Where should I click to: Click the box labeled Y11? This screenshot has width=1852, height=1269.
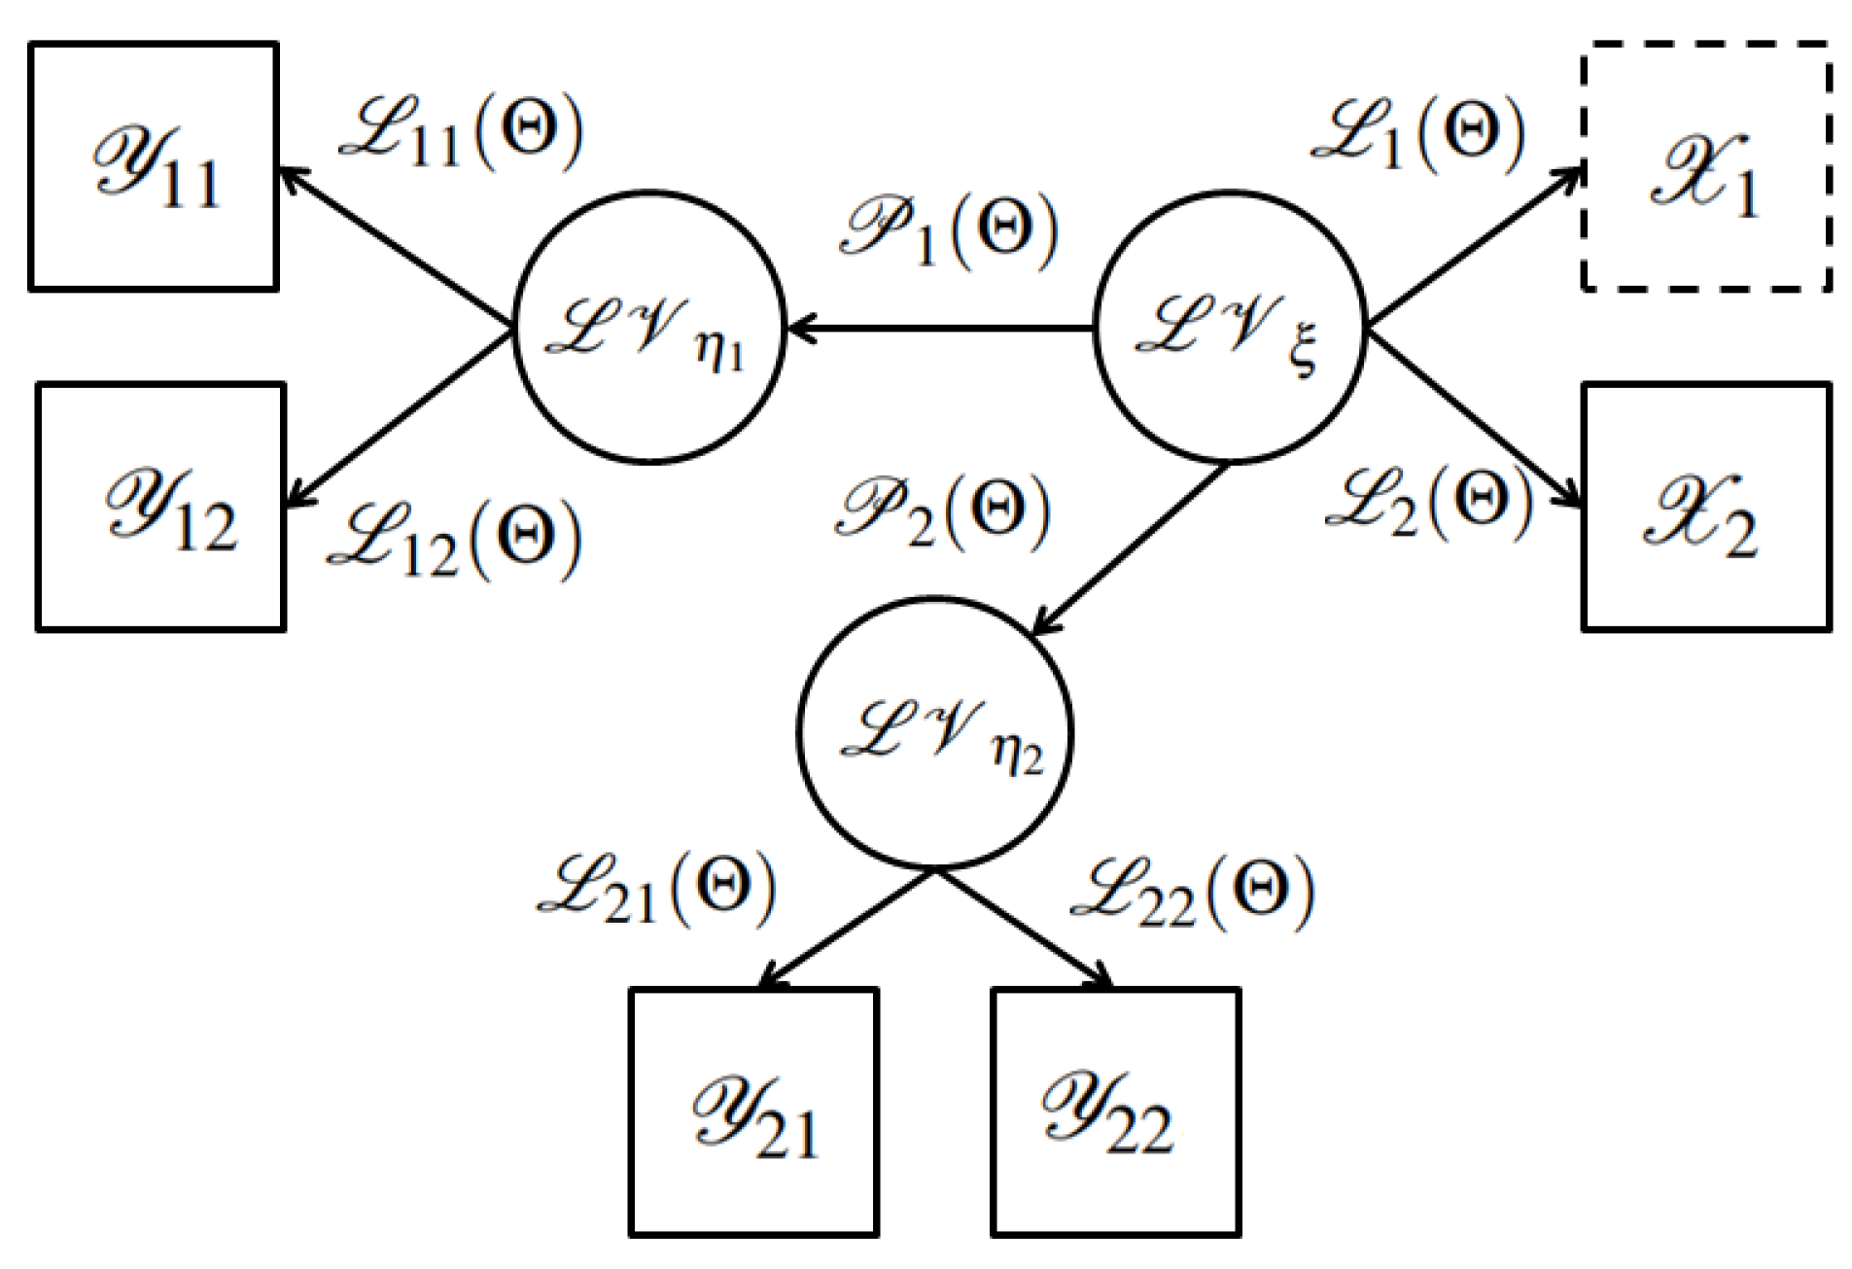click(x=154, y=166)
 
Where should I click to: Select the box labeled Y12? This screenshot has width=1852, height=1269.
click(x=160, y=507)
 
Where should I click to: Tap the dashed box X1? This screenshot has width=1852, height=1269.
click(x=1706, y=166)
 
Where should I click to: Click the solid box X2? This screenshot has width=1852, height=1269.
click(x=1706, y=507)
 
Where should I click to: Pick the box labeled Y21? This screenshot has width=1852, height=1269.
click(x=753, y=1111)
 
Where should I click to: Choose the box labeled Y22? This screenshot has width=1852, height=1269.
click(x=1115, y=1111)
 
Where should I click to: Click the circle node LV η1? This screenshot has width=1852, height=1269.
click(x=648, y=327)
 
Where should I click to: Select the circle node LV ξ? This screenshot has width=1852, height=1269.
click(x=1230, y=327)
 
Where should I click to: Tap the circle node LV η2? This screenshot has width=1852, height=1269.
click(x=935, y=731)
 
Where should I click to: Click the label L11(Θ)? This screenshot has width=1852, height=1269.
click(x=463, y=132)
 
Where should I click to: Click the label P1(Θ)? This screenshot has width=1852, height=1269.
click(x=950, y=229)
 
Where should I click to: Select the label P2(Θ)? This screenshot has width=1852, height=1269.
click(x=943, y=511)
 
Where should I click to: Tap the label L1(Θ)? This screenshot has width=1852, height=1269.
click(x=1417, y=132)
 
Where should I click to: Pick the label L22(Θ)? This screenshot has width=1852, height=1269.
click(x=1193, y=891)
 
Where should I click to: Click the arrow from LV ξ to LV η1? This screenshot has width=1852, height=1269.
click(x=939, y=329)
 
